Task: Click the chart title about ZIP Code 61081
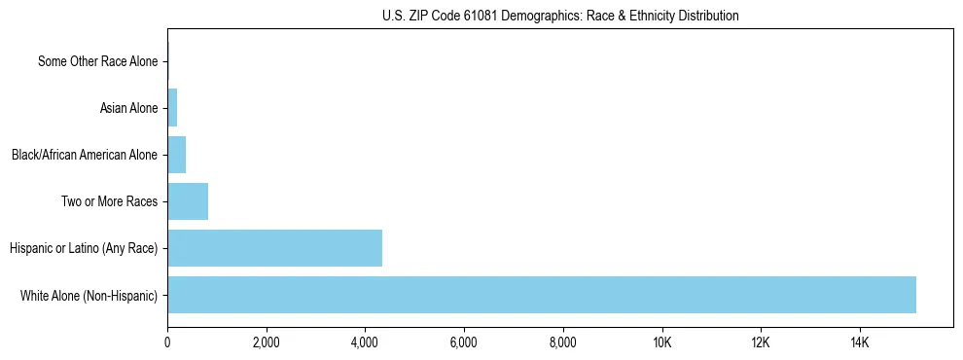[x=560, y=16]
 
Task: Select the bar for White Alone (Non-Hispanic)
[x=542, y=295]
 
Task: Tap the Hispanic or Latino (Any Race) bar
[x=274, y=248]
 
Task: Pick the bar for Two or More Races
[x=188, y=201]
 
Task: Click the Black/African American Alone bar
[x=176, y=155]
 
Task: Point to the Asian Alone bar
[x=172, y=108]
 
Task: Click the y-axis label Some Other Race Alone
[x=97, y=61]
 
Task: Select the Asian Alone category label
[x=128, y=108]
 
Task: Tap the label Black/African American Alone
[x=84, y=155]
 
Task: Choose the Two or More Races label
[x=115, y=201]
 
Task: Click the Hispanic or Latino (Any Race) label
[x=84, y=248]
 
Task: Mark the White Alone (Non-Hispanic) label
[x=89, y=295]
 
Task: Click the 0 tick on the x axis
[x=167, y=342]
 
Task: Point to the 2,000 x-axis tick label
[x=266, y=342]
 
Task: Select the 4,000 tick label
[x=365, y=342]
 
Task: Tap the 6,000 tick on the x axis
[x=464, y=342]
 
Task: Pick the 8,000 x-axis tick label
[x=563, y=342]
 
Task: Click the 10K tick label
[x=661, y=342]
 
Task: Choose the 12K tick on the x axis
[x=761, y=342]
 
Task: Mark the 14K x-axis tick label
[x=860, y=342]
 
